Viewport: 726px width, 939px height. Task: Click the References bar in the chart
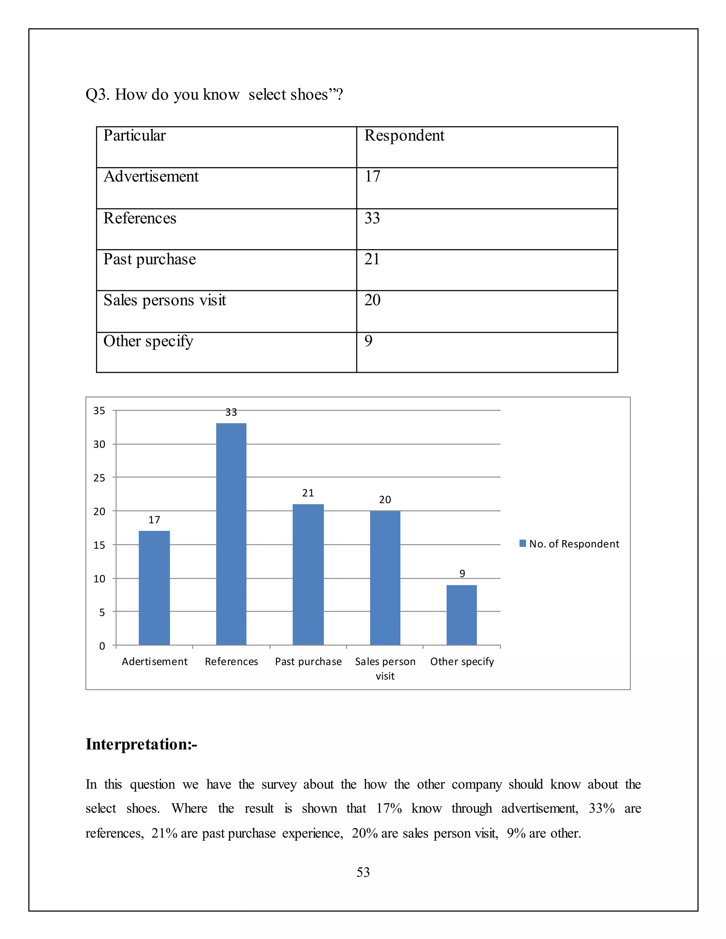coord(231,534)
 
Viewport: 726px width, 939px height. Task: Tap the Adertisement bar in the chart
coord(154,588)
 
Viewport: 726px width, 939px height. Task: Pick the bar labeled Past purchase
coord(308,574)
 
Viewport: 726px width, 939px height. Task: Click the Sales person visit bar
coord(385,578)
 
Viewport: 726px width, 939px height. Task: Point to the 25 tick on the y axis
coord(99,478)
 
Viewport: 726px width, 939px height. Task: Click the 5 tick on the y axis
coord(102,612)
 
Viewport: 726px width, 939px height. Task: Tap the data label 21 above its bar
coord(308,493)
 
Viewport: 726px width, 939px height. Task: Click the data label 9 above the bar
coord(462,574)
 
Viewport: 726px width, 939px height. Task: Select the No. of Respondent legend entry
coord(569,544)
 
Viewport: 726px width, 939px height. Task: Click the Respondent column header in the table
coord(404,135)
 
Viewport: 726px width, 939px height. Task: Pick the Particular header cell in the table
coord(135,135)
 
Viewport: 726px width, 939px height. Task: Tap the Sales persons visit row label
coord(165,300)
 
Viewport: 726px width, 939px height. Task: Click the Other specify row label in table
coord(149,341)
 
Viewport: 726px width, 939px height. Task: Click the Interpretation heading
coord(141,744)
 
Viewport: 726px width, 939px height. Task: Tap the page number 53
coord(363,872)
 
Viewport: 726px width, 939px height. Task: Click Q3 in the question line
coord(97,95)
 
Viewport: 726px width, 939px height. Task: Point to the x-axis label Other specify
coord(462,661)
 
